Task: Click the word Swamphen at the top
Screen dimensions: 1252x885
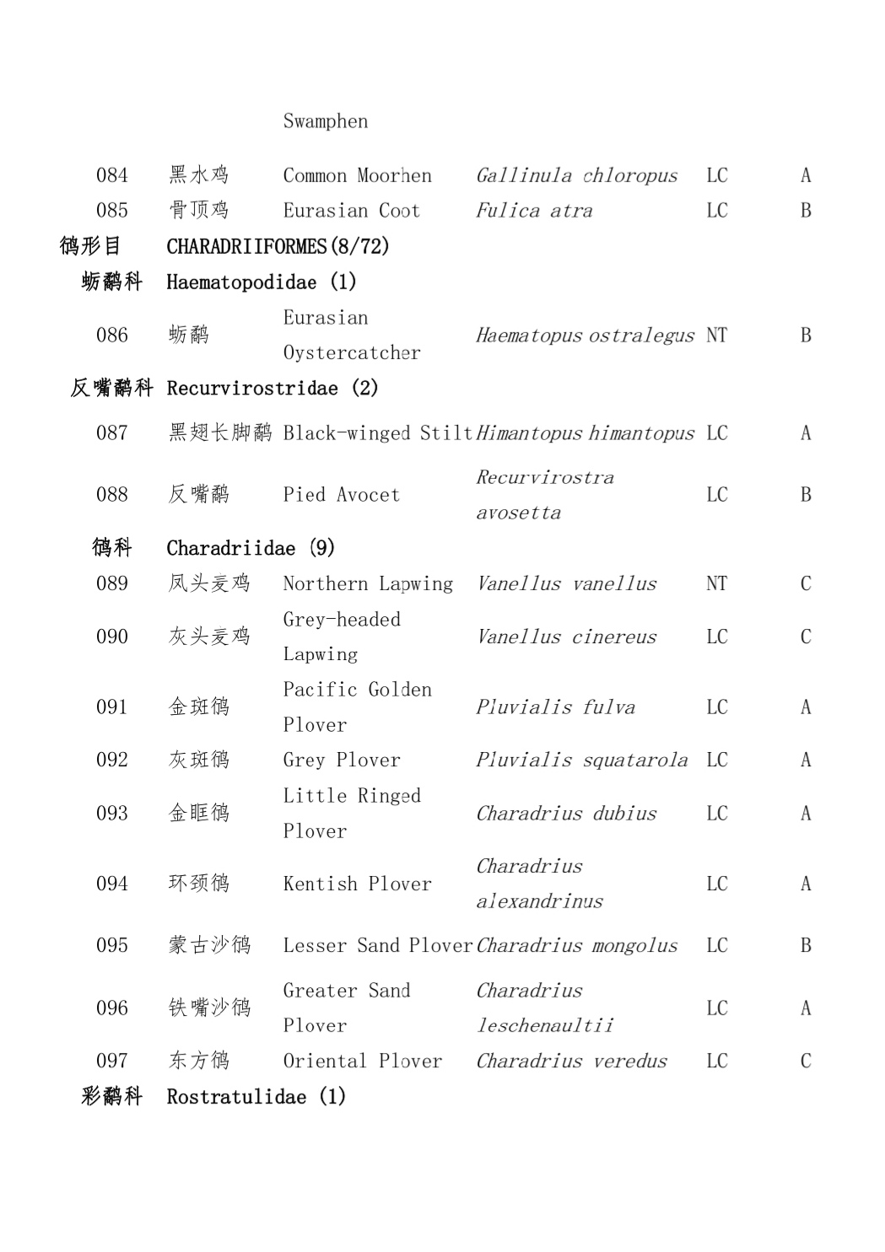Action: pos(325,121)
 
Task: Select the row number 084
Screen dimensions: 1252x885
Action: pos(111,175)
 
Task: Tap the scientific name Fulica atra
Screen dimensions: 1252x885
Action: pos(534,211)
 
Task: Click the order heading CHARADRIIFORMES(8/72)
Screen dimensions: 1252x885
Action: pos(278,246)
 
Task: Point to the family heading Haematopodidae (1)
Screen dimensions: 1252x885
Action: pos(261,282)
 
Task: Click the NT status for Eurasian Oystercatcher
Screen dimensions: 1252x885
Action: pos(716,336)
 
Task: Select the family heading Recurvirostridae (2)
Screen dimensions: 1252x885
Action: pos(272,388)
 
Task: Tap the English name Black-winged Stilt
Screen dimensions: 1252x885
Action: pos(377,433)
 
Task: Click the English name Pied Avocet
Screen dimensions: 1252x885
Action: pos(341,495)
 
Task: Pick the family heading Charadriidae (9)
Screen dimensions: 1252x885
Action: pos(250,548)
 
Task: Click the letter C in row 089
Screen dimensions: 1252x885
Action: pos(805,583)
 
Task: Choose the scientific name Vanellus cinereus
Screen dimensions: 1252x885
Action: pos(566,637)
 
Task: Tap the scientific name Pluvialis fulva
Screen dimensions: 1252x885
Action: pos(555,707)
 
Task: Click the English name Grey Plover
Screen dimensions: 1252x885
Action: pos(341,760)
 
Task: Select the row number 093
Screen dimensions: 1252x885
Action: pos(111,814)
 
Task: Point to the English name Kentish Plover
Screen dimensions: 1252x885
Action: pos(357,884)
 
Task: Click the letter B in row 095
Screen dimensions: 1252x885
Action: pos(805,946)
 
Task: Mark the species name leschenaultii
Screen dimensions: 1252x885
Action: pos(545,1026)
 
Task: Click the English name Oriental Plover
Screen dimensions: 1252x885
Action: pos(362,1061)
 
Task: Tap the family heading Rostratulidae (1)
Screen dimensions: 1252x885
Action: pos(256,1097)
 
